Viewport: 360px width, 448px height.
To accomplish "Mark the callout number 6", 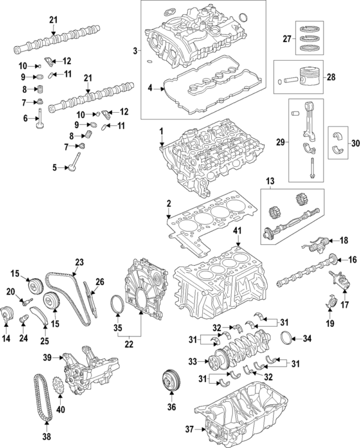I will click(x=25, y=119).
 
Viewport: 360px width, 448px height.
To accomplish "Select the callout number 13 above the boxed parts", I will click(x=269, y=181).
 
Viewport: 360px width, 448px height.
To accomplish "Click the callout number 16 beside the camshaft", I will click(x=352, y=260).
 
